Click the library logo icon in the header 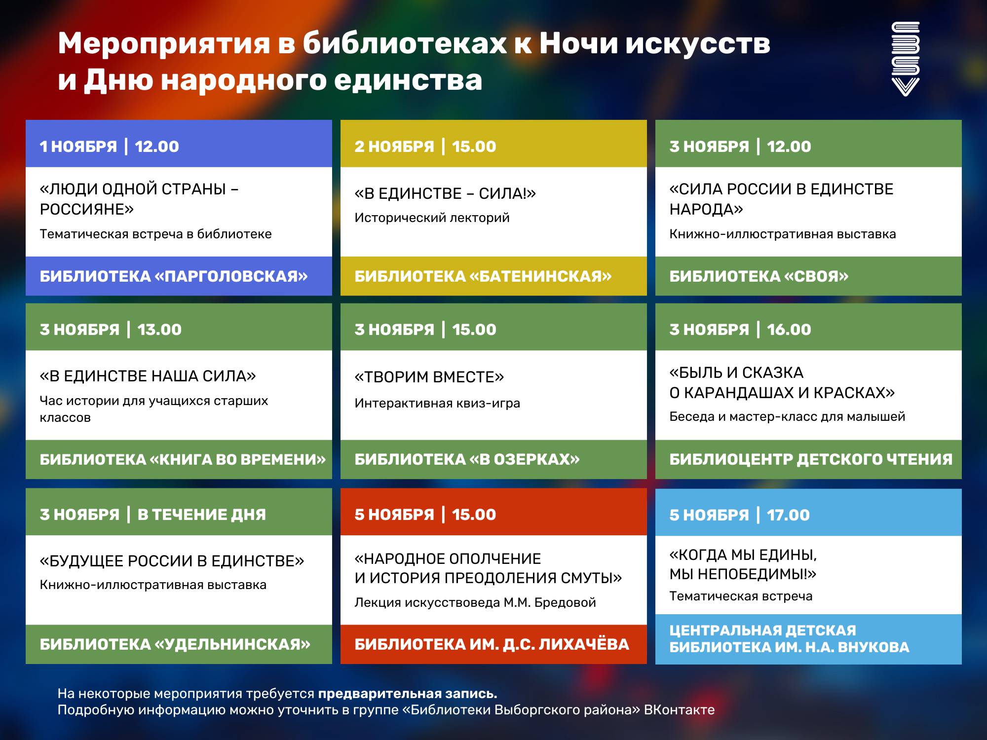[x=905, y=59]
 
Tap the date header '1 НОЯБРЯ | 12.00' [x=109, y=147]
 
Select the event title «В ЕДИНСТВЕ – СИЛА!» [x=445, y=193]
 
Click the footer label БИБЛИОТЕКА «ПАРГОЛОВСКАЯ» [x=173, y=276]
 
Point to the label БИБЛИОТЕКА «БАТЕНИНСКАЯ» [x=483, y=276]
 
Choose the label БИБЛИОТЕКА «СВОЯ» [x=759, y=276]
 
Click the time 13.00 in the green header [x=159, y=330]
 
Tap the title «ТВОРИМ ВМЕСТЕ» [x=429, y=377]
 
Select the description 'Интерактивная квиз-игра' [x=437, y=403]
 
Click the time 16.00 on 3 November [x=789, y=330]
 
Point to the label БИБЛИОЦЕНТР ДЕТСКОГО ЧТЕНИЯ [x=810, y=459]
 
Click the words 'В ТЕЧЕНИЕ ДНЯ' [x=201, y=515]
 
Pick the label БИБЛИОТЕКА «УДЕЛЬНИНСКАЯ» [x=175, y=644]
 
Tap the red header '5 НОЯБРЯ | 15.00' [x=425, y=515]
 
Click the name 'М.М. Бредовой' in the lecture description [x=549, y=602]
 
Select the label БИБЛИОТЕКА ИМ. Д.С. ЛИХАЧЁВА [x=492, y=644]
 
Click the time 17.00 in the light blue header [x=788, y=515]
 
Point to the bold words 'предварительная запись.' [x=407, y=694]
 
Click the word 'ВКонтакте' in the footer [x=679, y=710]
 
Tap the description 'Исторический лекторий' [x=432, y=218]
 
